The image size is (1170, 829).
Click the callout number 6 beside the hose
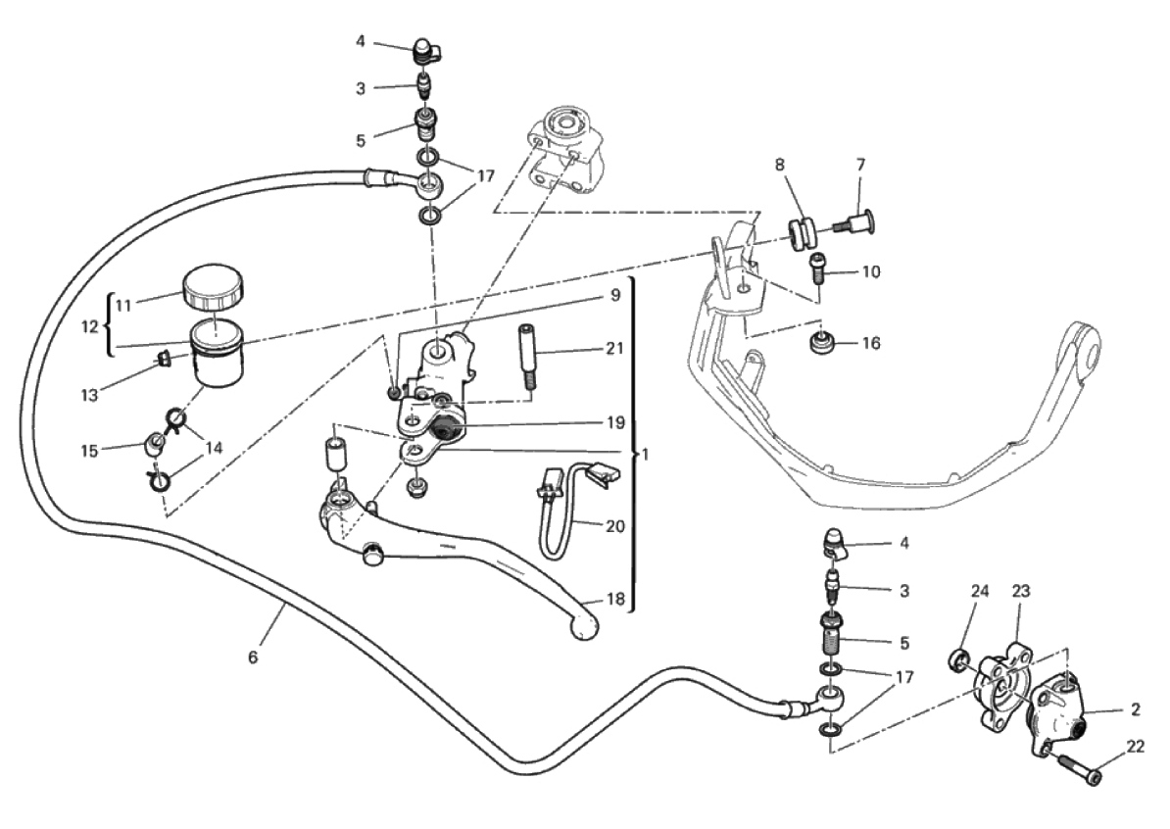click(252, 658)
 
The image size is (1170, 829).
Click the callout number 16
click(871, 343)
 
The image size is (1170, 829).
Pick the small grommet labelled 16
click(821, 344)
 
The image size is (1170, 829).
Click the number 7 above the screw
click(860, 163)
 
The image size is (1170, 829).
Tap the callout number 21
click(614, 349)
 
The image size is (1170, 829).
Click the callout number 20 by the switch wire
click(614, 526)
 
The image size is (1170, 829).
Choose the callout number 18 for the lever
click(614, 599)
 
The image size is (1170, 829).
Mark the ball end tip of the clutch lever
click(584, 627)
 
